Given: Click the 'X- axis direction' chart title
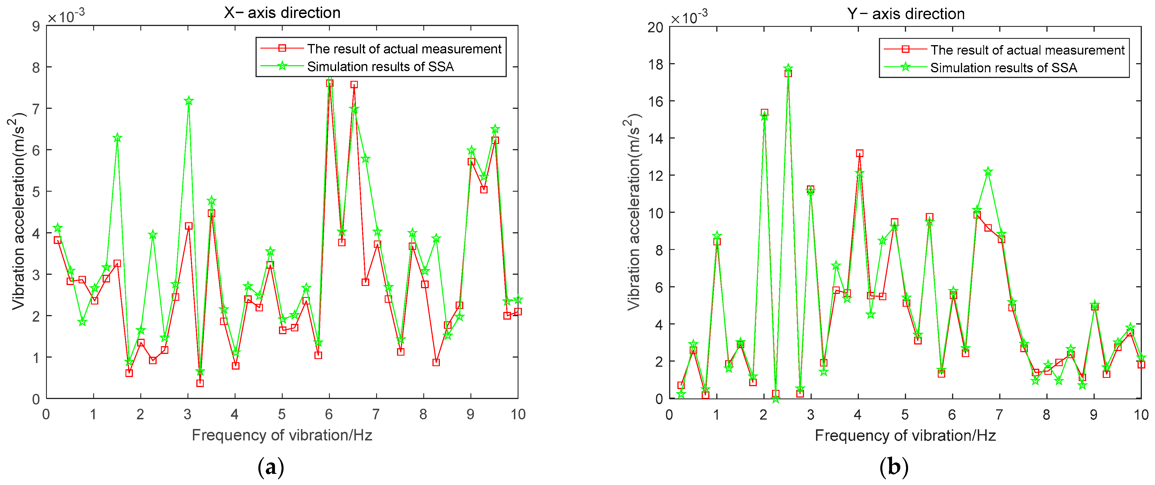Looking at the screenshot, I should click(x=282, y=13).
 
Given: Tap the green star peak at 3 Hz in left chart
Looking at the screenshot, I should click(x=188, y=101).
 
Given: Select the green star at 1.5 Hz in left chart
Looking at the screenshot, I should click(x=117, y=138).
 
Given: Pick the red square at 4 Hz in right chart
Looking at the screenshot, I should click(x=859, y=153).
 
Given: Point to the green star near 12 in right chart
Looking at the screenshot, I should click(x=988, y=172).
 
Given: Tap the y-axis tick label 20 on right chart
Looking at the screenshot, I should click(x=655, y=27).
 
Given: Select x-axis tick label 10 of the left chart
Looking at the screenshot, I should click(x=518, y=414).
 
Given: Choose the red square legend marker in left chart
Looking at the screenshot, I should click(x=282, y=48).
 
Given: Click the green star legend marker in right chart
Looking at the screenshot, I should click(x=905, y=67).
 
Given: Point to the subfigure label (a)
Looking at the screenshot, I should click(x=271, y=468).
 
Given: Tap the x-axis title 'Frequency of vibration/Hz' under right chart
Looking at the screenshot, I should click(x=905, y=436).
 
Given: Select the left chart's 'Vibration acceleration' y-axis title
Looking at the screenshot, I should click(x=18, y=211).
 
